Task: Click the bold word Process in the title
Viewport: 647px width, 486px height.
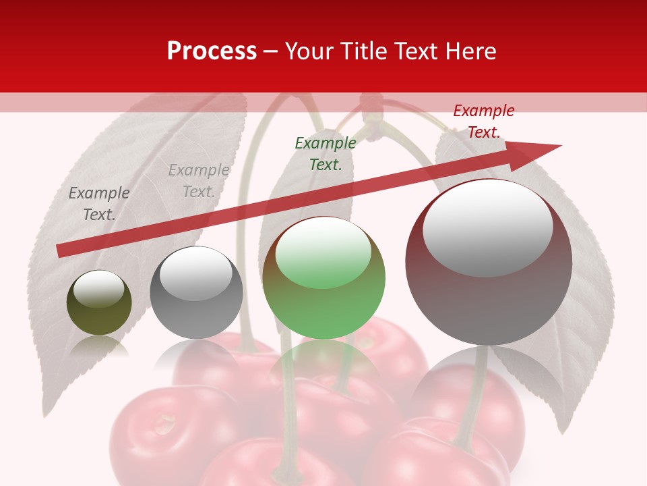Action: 212,51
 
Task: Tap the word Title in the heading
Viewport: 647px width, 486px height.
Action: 361,51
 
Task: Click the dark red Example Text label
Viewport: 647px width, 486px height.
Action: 483,122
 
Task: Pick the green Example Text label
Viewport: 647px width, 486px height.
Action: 326,153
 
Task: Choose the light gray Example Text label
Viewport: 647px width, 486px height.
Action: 199,181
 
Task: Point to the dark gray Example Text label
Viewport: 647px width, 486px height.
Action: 99,203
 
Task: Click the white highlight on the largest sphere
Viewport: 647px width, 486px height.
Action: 488,226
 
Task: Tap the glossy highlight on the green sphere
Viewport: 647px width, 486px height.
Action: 323,251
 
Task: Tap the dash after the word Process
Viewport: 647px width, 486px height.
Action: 270,51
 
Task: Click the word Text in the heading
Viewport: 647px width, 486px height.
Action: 416,51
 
